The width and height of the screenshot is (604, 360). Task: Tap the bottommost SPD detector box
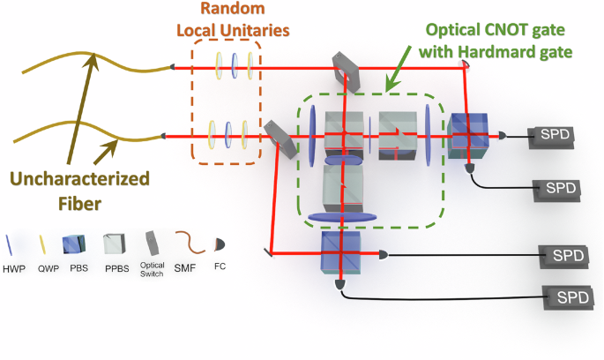click(x=570, y=297)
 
